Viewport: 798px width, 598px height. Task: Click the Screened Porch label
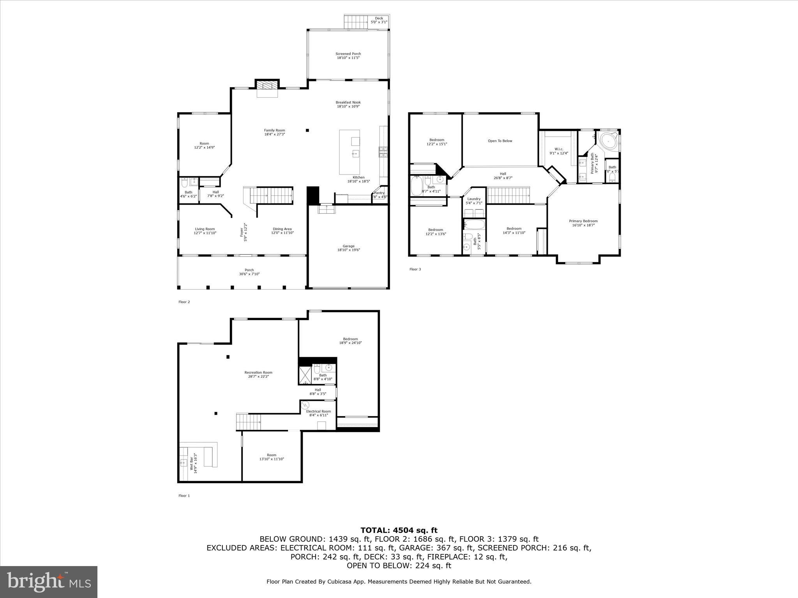click(x=348, y=56)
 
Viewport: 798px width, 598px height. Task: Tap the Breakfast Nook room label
click(x=348, y=104)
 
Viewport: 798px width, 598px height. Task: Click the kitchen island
click(x=349, y=152)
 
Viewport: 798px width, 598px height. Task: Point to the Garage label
click(x=348, y=248)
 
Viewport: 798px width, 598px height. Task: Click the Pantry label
click(x=380, y=195)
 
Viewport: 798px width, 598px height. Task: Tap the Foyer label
click(x=243, y=232)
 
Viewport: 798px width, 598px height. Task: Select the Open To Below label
click(x=500, y=141)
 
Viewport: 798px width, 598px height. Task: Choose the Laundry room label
click(x=474, y=201)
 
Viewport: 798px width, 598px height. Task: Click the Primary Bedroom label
click(x=583, y=223)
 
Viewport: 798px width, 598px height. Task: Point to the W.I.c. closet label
click(x=559, y=151)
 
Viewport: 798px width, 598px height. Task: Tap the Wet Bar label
click(x=194, y=463)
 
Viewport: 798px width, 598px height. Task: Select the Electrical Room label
click(x=318, y=413)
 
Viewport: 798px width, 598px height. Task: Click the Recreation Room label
click(x=258, y=374)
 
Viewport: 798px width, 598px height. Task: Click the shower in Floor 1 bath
click(x=305, y=374)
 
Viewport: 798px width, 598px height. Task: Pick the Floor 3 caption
click(x=415, y=269)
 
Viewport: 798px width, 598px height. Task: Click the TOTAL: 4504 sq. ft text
click(x=399, y=530)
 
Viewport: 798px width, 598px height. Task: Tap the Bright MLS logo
click(x=49, y=582)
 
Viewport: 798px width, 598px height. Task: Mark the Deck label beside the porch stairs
click(x=379, y=20)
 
